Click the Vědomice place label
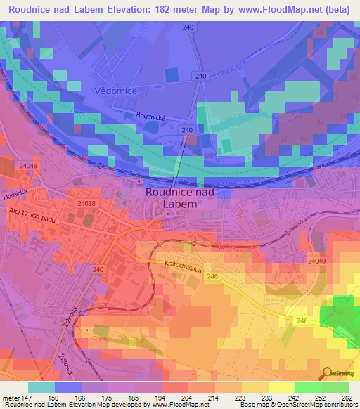(x=115, y=92)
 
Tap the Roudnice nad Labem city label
(x=179, y=197)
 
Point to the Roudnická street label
(x=150, y=118)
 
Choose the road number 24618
(x=86, y=203)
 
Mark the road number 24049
(x=316, y=261)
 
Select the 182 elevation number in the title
(x=157, y=9)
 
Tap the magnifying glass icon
(x=326, y=373)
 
